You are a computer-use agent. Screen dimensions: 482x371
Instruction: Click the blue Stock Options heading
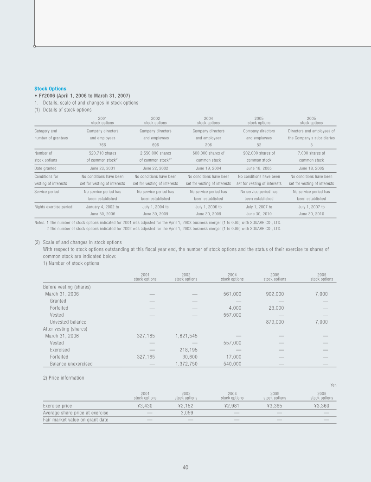[x=50, y=88]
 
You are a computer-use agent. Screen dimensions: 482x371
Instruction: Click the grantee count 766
[x=102, y=144]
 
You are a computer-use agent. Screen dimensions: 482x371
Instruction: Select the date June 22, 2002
[x=155, y=168]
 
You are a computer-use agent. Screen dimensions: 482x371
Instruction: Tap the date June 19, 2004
[x=208, y=168]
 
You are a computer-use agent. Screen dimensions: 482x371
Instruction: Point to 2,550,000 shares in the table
[x=155, y=153]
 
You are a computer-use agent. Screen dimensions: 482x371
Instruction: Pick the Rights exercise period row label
[x=53, y=207]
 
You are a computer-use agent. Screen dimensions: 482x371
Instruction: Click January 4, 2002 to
[x=102, y=207]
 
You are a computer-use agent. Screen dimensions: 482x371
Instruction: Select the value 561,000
[x=231, y=294]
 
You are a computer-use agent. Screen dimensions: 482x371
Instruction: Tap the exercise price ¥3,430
[x=145, y=406]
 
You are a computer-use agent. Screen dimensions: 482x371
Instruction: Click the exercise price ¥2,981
[x=232, y=406]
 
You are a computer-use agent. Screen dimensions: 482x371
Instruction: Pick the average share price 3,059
[x=186, y=413]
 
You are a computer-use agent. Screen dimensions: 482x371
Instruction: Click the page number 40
[x=185, y=467]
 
